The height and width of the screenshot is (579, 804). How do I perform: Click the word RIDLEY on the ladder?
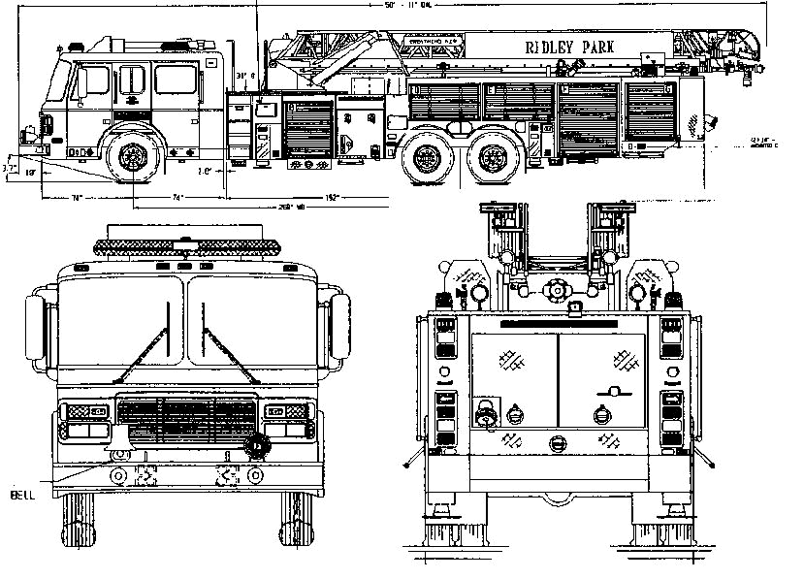tap(549, 48)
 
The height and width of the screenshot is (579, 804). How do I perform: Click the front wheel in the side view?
tap(131, 157)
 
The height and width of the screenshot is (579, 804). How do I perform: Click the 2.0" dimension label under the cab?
tap(205, 171)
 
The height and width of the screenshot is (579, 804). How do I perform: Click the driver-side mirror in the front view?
tap(338, 326)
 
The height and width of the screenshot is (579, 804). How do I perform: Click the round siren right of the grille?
tap(256, 446)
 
